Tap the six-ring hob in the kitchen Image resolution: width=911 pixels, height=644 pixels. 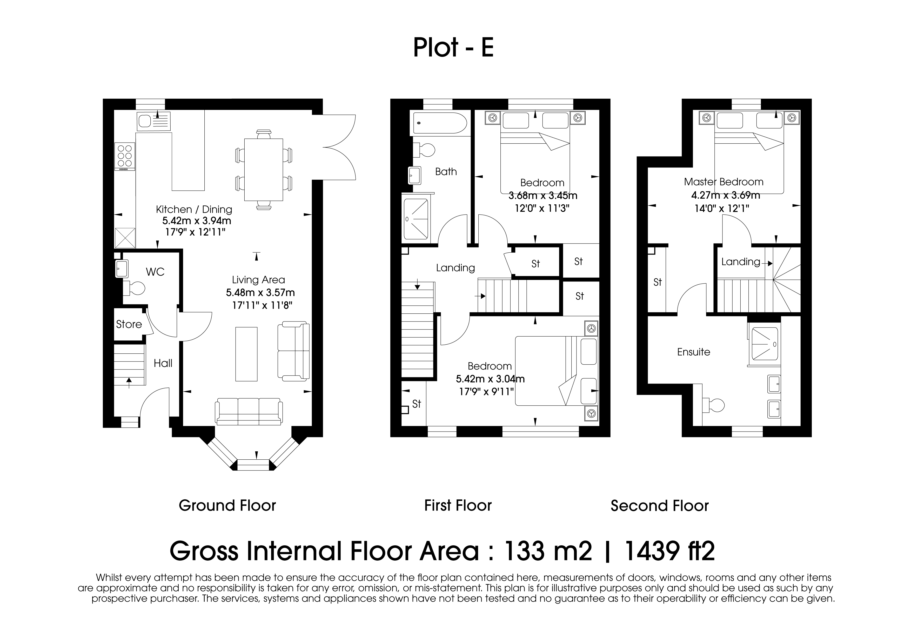tap(125, 156)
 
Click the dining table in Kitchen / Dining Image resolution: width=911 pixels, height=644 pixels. tap(264, 169)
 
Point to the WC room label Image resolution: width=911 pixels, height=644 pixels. tap(155, 272)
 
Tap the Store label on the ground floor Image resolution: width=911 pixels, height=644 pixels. tap(129, 324)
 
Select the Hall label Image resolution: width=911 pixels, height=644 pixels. tap(163, 363)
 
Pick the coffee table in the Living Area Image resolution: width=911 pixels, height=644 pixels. tap(246, 354)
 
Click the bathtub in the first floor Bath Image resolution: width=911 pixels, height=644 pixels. tap(440, 123)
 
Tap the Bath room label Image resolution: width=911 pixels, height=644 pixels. tap(446, 171)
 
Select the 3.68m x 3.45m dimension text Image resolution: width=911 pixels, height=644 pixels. tap(543, 196)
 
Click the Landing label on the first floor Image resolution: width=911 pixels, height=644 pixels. tap(455, 268)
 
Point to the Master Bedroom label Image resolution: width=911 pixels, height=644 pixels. tap(724, 182)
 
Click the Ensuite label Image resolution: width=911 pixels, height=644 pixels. tap(694, 352)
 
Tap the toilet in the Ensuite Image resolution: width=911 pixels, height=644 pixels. tap(713, 405)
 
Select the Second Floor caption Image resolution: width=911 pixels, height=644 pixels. tap(659, 506)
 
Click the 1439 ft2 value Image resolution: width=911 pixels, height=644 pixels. tap(670, 551)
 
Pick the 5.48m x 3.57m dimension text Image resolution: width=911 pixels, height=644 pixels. tap(260, 293)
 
